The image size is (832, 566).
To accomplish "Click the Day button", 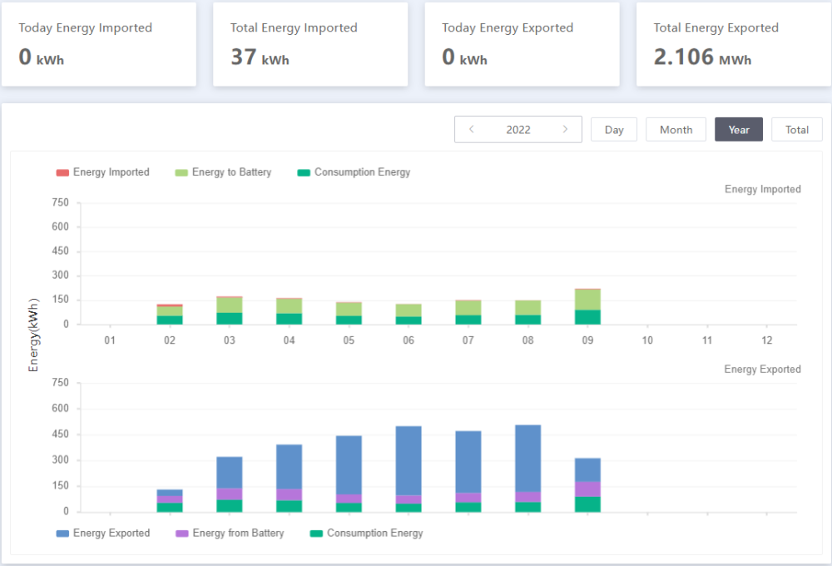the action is (x=614, y=130).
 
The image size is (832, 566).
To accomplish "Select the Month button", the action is (x=676, y=130).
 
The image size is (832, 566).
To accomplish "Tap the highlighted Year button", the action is (x=739, y=130).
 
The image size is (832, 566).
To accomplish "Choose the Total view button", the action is (x=797, y=130).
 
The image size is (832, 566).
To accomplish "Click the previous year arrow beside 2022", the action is (x=471, y=129).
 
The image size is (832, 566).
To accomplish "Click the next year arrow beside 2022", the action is (x=565, y=129).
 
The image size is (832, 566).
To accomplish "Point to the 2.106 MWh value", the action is (x=702, y=57).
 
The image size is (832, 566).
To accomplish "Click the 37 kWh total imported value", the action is (x=260, y=57).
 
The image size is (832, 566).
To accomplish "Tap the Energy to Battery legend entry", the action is (x=223, y=172).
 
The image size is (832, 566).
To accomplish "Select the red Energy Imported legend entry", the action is (x=103, y=172).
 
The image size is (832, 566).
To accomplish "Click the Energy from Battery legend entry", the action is (x=230, y=533).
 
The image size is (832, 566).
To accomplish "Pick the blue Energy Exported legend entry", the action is (x=103, y=533).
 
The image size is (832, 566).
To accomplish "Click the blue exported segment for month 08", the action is (x=528, y=459).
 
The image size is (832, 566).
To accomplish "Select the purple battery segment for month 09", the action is (x=587, y=489).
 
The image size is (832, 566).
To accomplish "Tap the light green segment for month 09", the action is (x=587, y=300).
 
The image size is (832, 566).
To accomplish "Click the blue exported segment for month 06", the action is (x=409, y=461).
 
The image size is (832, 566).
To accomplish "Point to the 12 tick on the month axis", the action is (x=767, y=340).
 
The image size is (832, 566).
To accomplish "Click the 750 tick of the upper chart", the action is (x=60, y=202).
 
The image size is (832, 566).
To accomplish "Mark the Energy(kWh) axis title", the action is (x=33, y=335).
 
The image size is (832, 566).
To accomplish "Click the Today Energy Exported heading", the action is (x=508, y=27).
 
